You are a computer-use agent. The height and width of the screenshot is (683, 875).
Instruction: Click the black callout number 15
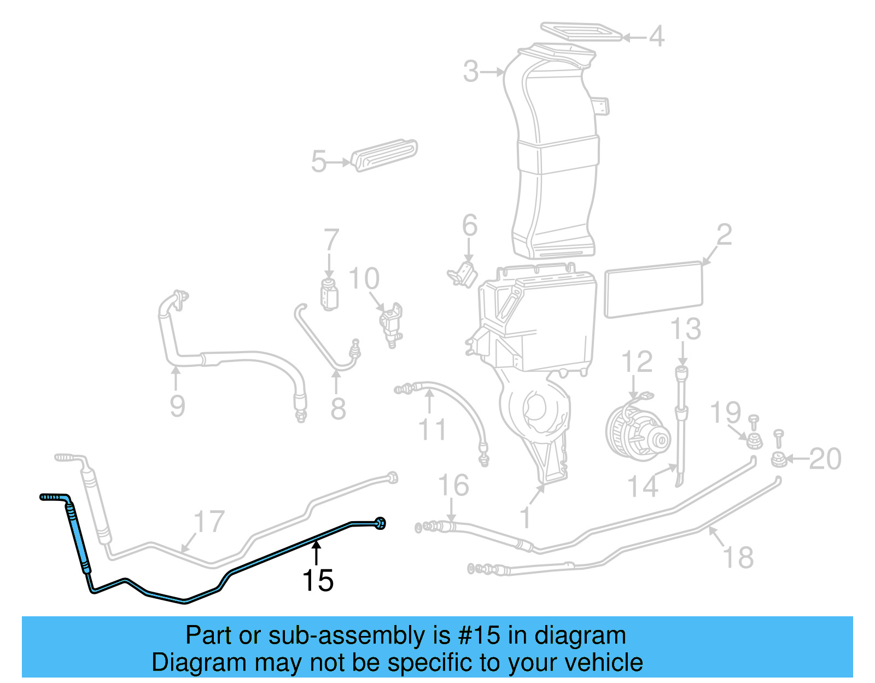click(318, 581)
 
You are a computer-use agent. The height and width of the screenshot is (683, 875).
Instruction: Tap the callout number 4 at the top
click(656, 36)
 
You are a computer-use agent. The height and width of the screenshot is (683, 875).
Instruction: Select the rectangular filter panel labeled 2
click(654, 290)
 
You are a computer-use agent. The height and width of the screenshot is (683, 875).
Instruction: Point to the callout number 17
click(209, 521)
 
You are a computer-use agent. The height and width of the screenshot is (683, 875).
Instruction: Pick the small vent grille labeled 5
click(385, 155)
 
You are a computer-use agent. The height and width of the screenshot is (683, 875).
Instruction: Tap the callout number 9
click(177, 406)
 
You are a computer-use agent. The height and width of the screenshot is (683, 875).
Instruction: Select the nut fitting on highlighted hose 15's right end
click(381, 523)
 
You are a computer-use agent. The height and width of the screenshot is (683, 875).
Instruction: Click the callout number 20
click(825, 459)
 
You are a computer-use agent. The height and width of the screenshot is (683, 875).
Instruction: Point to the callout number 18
click(738, 557)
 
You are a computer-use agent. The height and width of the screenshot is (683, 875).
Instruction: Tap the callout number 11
click(433, 429)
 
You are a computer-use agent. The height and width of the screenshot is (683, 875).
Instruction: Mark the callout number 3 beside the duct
click(471, 72)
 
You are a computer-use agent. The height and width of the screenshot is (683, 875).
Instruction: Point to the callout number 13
click(685, 329)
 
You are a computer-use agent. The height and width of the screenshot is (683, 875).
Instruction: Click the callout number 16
click(453, 485)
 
